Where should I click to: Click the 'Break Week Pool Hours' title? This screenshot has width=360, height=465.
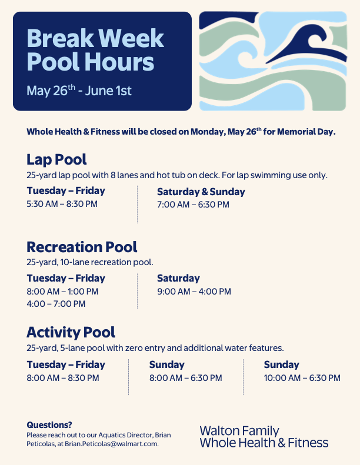click(x=95, y=50)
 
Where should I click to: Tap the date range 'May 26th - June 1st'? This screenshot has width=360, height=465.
click(x=79, y=91)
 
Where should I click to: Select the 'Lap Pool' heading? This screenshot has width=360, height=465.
click(x=56, y=159)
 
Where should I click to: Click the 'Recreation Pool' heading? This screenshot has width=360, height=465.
click(x=82, y=247)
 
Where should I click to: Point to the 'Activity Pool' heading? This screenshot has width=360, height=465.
click(x=71, y=333)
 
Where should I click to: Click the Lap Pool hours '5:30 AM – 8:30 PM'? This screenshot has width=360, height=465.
click(x=62, y=204)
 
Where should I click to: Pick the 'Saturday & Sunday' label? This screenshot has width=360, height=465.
click(x=201, y=192)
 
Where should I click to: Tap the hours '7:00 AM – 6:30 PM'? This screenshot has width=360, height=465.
click(x=193, y=205)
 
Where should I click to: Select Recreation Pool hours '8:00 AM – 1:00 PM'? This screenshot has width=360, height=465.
click(x=62, y=292)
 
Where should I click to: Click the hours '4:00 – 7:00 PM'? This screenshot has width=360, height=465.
click(x=56, y=304)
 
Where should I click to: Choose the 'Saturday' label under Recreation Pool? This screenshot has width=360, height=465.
click(x=178, y=279)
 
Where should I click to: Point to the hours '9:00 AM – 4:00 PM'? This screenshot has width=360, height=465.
click(x=194, y=292)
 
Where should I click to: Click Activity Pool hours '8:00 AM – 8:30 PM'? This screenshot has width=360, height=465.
click(x=63, y=378)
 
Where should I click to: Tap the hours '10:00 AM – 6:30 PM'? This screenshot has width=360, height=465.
click(x=302, y=378)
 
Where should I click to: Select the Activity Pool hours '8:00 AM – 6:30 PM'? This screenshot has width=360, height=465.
click(x=185, y=378)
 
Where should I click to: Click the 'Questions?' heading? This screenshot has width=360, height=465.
click(x=49, y=425)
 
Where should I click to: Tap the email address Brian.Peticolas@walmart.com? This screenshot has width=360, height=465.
click(x=112, y=444)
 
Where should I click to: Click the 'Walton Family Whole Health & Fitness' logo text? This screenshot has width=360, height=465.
click(x=264, y=437)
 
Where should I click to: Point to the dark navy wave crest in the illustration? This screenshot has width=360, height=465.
click(x=309, y=45)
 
